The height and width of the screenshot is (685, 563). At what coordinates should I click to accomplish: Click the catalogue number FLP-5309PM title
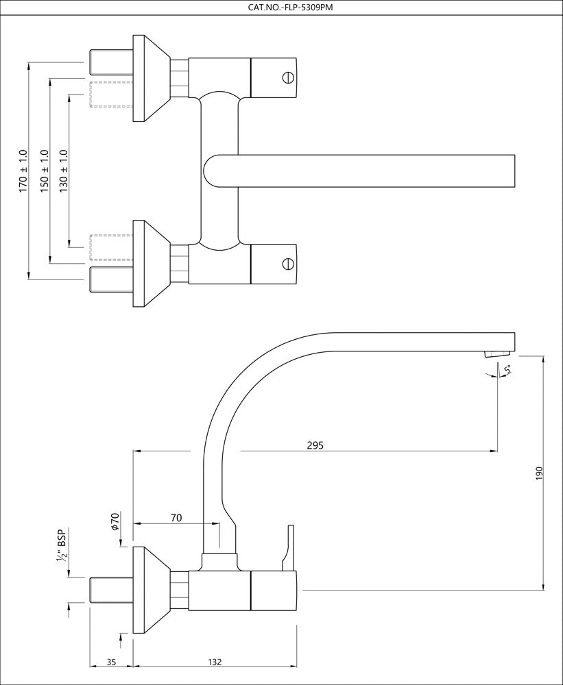tap(281, 8)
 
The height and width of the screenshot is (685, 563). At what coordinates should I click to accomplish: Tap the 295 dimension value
tap(315, 445)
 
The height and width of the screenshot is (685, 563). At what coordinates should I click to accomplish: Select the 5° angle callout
tap(507, 371)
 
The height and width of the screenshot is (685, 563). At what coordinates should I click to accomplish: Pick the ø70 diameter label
tap(115, 521)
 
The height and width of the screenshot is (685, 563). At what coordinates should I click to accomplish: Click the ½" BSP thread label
tap(61, 546)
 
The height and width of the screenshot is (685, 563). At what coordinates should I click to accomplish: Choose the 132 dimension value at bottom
tap(215, 662)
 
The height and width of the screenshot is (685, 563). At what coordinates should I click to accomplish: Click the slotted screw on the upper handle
tap(288, 77)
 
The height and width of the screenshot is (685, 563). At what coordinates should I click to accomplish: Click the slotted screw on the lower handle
tap(288, 263)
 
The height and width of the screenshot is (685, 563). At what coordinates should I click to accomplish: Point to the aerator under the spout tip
tap(496, 353)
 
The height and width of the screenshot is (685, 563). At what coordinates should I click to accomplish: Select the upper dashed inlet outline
tap(111, 94)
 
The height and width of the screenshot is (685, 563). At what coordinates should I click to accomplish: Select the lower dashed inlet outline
tap(111, 247)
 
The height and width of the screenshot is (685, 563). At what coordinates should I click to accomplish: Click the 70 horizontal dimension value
tap(176, 518)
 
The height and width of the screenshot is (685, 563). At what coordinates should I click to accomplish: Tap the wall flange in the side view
tap(147, 590)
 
